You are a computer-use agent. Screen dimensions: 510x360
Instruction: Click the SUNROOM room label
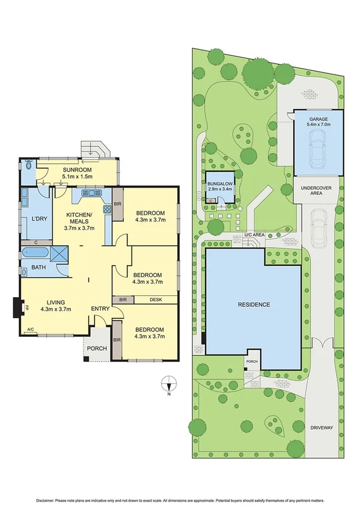[x=78, y=170]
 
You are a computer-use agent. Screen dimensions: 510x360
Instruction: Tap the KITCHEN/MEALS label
[x=79, y=215]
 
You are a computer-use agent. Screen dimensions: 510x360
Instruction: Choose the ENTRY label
[x=100, y=309]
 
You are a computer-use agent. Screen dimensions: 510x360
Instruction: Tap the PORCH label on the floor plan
[x=97, y=348]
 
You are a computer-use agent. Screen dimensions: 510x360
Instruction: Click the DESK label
[x=156, y=300]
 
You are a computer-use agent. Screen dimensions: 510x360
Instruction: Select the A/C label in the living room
[x=31, y=330]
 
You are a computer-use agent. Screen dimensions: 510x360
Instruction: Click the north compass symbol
[x=169, y=381]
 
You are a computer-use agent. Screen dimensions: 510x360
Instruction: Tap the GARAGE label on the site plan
[x=319, y=120]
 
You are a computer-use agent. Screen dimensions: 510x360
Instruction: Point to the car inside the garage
[x=318, y=149]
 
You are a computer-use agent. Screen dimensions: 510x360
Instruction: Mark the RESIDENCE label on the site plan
[x=253, y=305]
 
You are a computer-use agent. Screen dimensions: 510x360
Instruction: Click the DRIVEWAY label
[x=322, y=428]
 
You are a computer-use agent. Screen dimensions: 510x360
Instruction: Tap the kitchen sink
[x=92, y=193]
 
